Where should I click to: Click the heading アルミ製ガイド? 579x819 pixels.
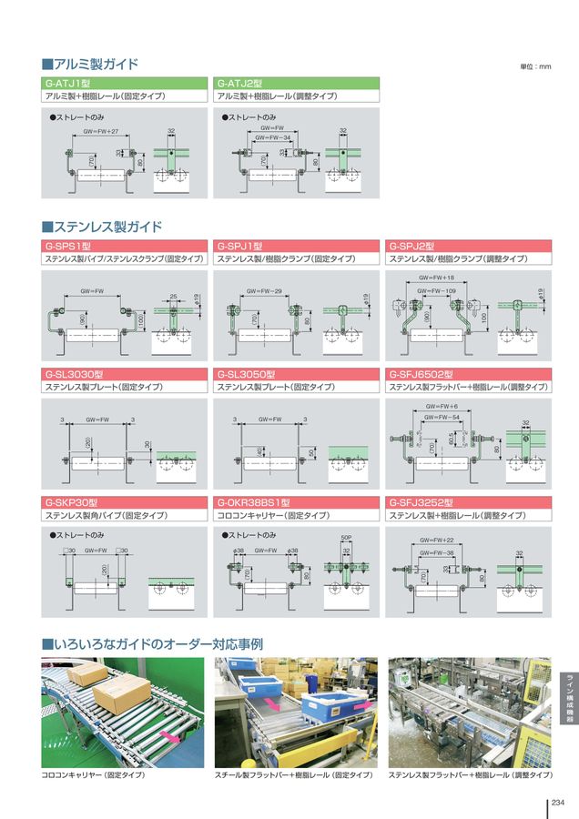(x=90, y=65)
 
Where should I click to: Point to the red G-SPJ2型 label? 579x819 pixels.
(x=411, y=246)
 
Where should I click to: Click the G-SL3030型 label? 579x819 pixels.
(x=74, y=374)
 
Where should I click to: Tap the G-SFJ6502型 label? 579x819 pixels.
(x=420, y=374)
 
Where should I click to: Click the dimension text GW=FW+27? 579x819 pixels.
(x=101, y=131)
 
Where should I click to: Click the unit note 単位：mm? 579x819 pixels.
(x=535, y=67)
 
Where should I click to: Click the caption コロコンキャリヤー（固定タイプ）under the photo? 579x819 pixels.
(x=94, y=775)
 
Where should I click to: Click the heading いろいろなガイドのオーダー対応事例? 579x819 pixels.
(x=153, y=644)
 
